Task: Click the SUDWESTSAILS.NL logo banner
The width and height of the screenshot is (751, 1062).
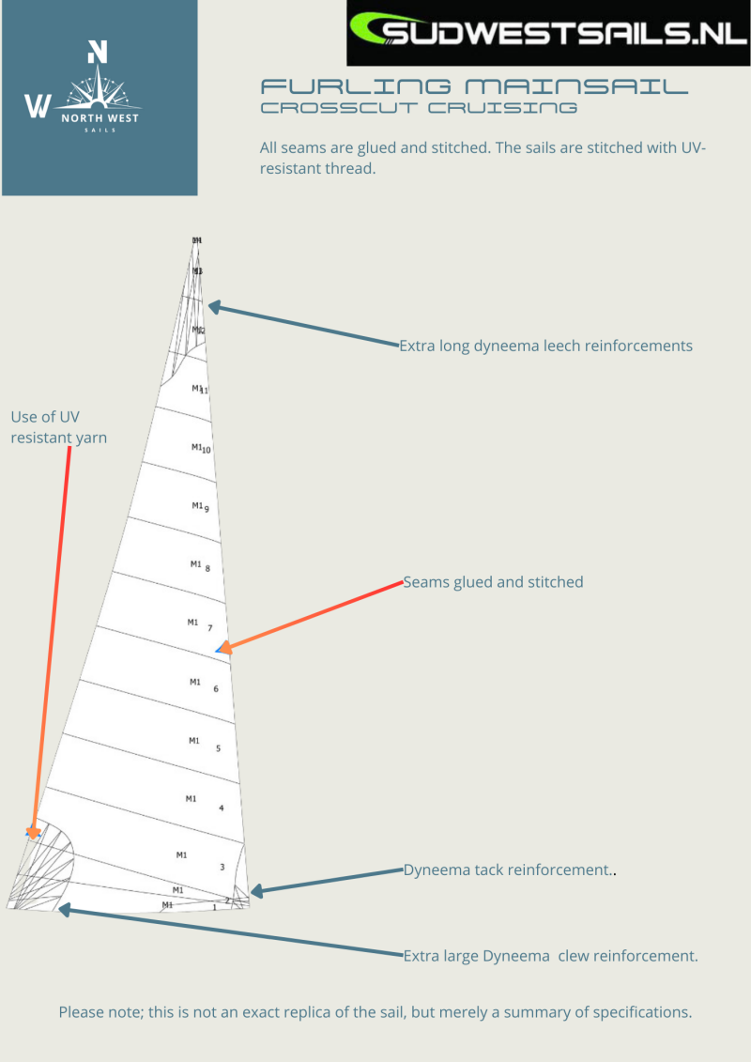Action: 548,34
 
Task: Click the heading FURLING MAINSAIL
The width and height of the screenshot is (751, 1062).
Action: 474,87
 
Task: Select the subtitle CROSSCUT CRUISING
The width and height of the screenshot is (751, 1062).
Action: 419,108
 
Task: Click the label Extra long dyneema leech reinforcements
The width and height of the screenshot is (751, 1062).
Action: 545,346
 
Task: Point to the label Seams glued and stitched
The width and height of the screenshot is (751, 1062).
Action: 493,582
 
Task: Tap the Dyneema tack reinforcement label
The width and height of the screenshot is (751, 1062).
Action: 507,870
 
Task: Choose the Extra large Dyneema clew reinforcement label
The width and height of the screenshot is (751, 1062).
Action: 550,956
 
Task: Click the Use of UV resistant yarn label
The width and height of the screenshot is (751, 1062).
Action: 58,426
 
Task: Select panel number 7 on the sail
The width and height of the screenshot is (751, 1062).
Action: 210,628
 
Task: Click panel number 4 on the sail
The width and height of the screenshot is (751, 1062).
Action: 221,808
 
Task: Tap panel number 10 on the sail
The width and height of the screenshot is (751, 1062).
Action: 206,449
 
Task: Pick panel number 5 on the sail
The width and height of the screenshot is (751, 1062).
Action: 218,748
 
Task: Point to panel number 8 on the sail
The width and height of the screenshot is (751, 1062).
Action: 207,568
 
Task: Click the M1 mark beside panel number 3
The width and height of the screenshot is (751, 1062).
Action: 182,854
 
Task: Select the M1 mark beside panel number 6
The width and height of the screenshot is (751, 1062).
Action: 195,682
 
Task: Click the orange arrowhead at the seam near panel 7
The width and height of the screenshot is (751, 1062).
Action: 222,646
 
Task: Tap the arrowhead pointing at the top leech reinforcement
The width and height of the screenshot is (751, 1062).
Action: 213,306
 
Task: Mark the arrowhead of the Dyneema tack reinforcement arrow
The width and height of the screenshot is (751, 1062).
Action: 255,889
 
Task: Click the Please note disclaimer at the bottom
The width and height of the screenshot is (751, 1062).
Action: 375,1012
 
